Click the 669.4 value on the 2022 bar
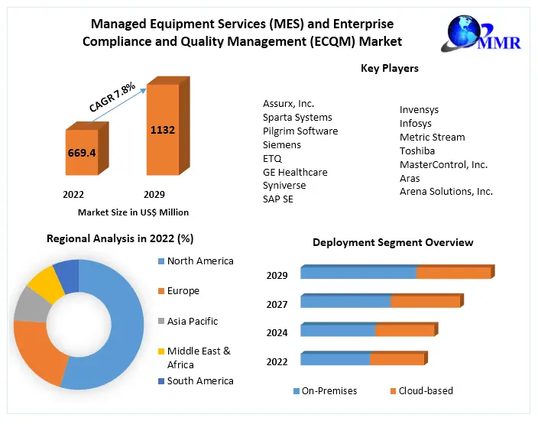[81, 153]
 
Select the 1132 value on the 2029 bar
[162, 130]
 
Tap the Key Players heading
[390, 69]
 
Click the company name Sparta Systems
[297, 118]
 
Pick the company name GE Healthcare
[295, 173]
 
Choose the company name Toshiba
[417, 151]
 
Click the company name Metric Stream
[432, 138]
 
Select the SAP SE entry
[278, 199]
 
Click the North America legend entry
[200, 261]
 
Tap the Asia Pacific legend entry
[192, 322]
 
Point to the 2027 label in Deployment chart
[277, 305]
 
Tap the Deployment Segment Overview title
[393, 243]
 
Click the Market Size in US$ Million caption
[133, 212]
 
